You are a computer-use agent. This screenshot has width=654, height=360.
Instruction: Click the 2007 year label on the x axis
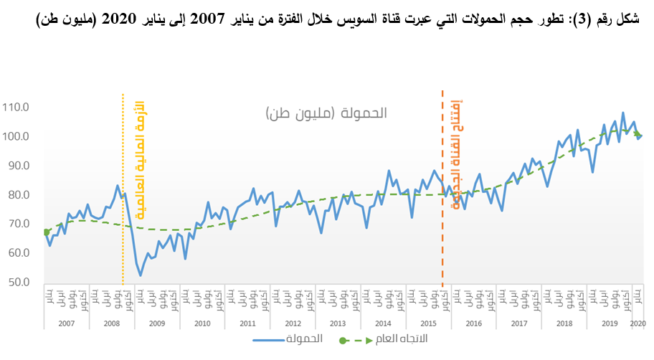click(66, 324)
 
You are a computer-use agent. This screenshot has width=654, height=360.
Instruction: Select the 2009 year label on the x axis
click(157, 324)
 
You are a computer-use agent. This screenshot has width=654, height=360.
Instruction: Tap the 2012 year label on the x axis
click(293, 324)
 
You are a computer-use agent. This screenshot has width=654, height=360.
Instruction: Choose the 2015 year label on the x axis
click(428, 324)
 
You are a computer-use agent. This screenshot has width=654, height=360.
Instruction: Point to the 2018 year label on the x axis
click(564, 324)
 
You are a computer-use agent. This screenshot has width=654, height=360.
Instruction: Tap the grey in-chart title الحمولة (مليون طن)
click(326, 114)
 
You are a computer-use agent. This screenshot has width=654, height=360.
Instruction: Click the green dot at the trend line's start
click(47, 232)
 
